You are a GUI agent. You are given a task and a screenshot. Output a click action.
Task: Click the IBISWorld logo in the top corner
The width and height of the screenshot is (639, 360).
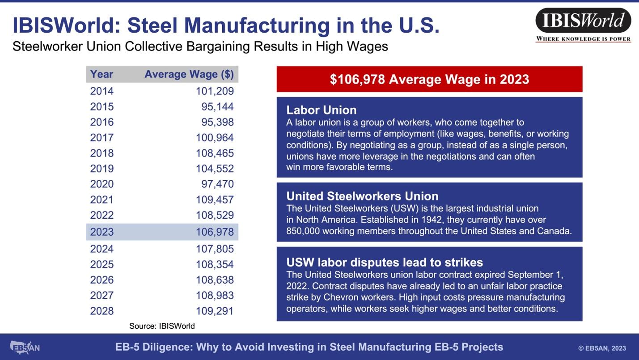click(583, 25)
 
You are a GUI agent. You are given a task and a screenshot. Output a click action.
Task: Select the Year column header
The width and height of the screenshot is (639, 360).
click(102, 74)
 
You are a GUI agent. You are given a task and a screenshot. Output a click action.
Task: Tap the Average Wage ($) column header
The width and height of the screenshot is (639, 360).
click(189, 74)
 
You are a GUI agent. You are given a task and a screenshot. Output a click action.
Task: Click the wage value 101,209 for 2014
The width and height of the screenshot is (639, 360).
click(215, 91)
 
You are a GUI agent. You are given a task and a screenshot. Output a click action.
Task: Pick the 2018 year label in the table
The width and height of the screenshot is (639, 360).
click(102, 153)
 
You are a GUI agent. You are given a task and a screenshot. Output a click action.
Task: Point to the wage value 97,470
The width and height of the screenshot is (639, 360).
click(217, 184)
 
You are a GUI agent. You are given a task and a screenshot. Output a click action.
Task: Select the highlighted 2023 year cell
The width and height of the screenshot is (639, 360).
click(102, 232)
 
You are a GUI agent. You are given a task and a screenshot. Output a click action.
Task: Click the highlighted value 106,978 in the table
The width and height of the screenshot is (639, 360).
click(215, 232)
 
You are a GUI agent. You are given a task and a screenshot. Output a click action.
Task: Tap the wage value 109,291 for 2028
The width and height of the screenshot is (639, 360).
click(215, 311)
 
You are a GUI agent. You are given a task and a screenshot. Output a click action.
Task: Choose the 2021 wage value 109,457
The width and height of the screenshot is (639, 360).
click(215, 200)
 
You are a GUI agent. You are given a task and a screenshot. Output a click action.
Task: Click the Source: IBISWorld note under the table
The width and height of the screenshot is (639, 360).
click(162, 326)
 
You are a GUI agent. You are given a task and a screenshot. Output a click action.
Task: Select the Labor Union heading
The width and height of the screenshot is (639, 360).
click(322, 110)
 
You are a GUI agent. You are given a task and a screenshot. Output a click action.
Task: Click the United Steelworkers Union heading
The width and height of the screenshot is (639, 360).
click(362, 196)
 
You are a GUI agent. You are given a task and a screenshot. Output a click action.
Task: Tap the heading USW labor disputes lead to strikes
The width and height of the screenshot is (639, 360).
click(385, 263)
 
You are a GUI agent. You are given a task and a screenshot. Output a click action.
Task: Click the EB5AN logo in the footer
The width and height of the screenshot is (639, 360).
click(25, 347)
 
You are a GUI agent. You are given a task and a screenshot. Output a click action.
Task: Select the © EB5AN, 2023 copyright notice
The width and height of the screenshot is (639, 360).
click(602, 348)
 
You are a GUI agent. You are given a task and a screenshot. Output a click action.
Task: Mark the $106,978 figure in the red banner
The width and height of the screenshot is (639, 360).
click(357, 79)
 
